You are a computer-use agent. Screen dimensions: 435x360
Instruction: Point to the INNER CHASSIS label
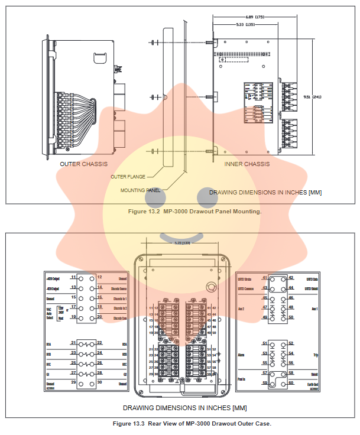point(247,164)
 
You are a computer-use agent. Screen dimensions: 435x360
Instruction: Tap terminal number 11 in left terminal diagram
point(73,277)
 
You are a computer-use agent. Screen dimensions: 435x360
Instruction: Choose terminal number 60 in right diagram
point(291,384)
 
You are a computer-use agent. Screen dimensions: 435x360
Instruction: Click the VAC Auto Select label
point(50,311)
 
